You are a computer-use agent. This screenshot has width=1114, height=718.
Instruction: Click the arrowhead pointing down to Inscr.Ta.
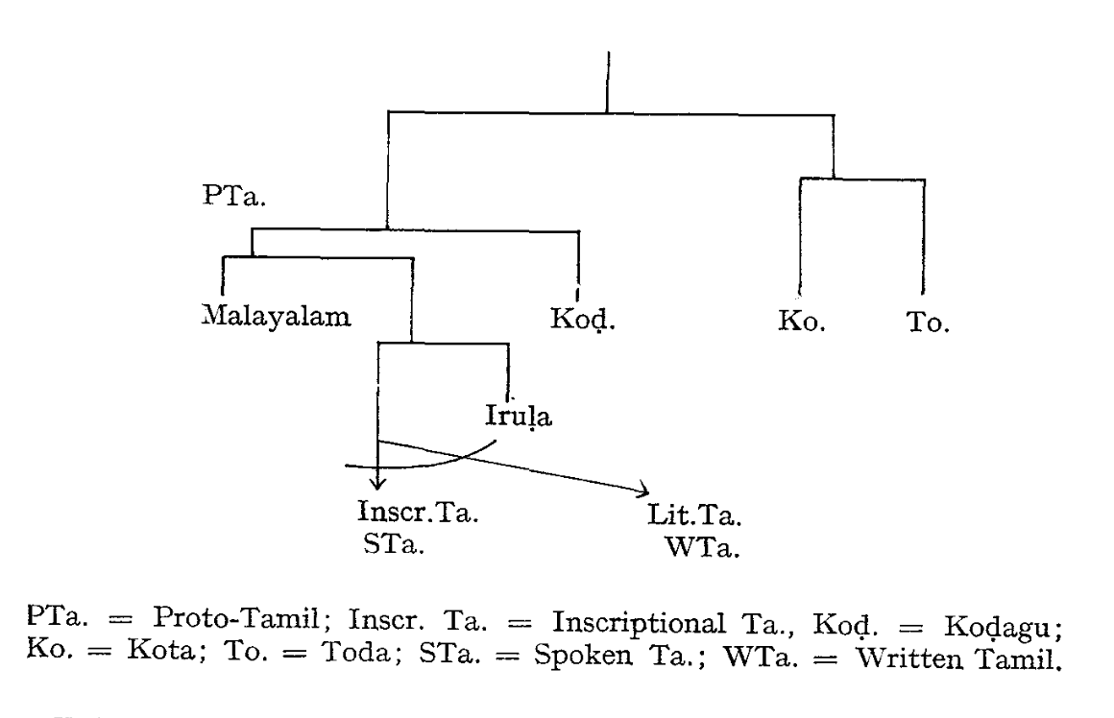[x=378, y=483]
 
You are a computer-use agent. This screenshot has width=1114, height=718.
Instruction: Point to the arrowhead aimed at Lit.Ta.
[x=641, y=491]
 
